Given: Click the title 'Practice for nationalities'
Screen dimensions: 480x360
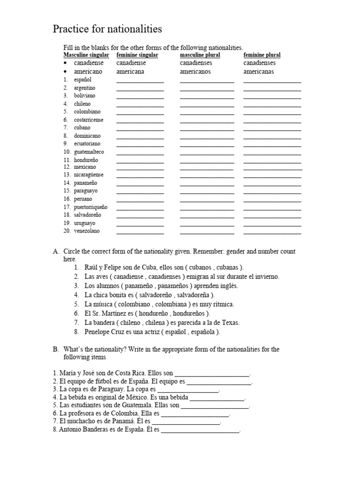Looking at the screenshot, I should [x=107, y=29].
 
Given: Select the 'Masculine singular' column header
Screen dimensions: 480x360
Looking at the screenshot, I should [x=86, y=55].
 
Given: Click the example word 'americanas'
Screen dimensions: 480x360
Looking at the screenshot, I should [x=259, y=72].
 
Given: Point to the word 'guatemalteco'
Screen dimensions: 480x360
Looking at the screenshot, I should [x=89, y=152].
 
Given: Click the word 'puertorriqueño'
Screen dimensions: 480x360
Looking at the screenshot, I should [x=90, y=207].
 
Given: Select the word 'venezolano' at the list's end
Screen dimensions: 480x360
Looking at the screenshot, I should [x=87, y=231].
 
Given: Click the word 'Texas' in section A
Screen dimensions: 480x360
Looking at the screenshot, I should [x=230, y=322].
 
